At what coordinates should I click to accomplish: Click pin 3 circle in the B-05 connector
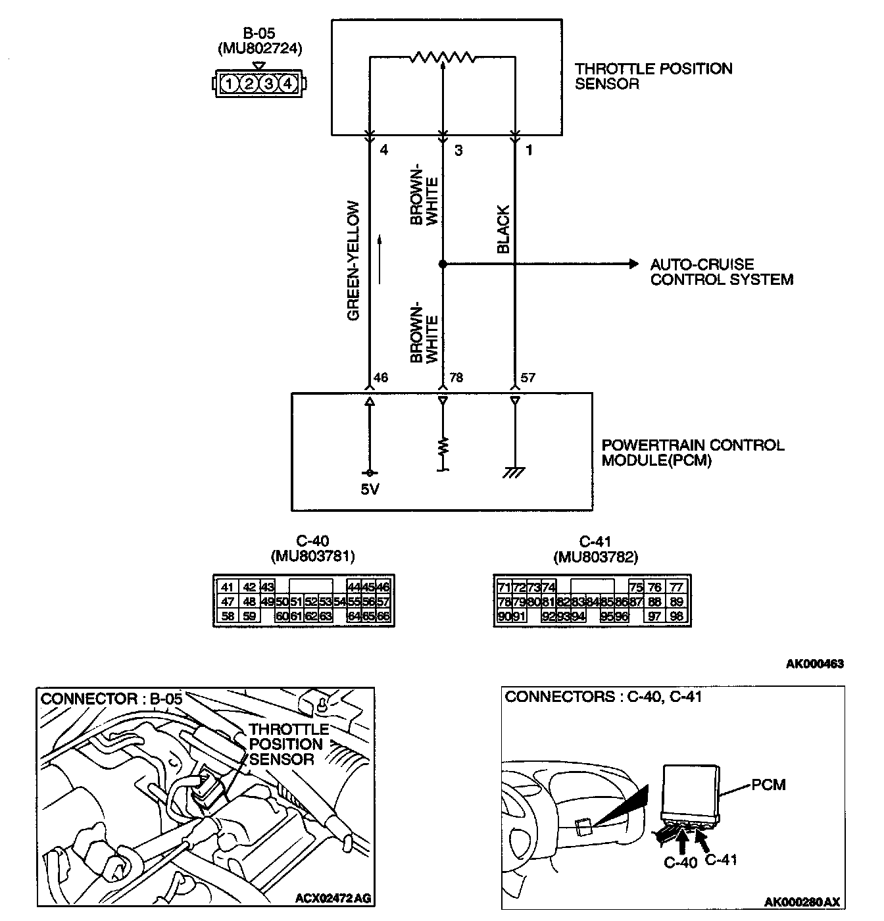point(268,84)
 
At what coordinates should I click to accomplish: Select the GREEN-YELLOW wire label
point(354,261)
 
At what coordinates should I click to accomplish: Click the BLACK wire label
point(503,230)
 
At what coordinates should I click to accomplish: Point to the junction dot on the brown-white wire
point(443,264)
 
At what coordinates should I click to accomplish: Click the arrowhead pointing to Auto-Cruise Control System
point(633,264)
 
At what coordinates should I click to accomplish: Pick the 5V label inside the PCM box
point(370,489)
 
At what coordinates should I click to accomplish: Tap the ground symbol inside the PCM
point(514,472)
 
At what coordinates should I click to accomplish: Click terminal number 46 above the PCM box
point(381,378)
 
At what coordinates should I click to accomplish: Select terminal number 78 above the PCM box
point(456,378)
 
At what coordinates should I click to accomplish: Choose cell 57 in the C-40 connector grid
point(383,601)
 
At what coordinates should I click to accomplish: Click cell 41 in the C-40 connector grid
point(228,587)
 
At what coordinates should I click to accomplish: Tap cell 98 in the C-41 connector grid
point(676,616)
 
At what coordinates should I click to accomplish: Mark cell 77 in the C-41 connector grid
point(676,587)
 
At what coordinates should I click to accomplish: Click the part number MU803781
point(312,557)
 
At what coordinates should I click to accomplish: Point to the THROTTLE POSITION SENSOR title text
point(653,76)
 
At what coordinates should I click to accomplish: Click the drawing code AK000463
point(814,664)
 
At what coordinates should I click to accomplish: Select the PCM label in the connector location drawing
point(769,784)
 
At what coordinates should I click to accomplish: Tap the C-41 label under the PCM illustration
point(722,859)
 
